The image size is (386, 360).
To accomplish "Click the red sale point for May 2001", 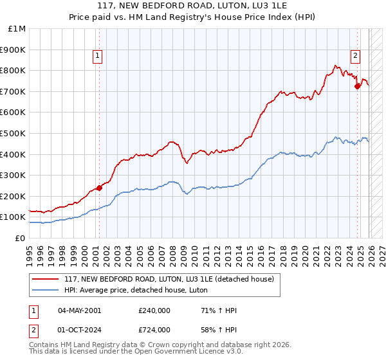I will click(99, 188).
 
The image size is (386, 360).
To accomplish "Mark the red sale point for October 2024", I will click(357, 86).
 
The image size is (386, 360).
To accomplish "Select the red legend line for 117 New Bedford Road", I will click(46, 279).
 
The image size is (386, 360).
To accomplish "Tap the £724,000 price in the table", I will click(154, 329).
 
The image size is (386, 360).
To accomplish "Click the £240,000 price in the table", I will click(154, 310).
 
